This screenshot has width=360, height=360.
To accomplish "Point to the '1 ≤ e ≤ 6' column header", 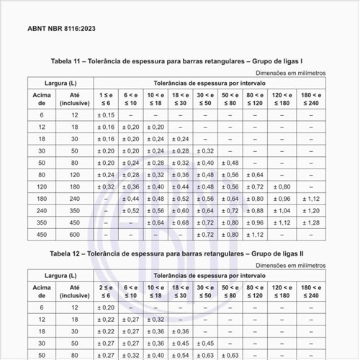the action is point(105,99).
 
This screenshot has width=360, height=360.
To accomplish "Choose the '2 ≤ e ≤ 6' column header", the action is point(105,291).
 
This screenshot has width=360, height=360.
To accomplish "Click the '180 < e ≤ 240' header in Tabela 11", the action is point(310,99).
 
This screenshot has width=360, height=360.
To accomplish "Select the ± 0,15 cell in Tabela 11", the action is point(105,114).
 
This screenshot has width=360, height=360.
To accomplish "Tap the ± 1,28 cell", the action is point(310,222).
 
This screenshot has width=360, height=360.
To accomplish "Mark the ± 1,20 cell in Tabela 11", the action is point(310,210).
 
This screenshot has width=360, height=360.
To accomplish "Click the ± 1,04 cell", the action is point(282,210).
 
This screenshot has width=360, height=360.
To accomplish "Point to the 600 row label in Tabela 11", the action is point(75,234).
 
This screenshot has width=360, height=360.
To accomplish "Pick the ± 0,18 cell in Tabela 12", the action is point(105,307).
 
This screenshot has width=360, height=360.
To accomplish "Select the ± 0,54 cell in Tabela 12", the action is point(181,355).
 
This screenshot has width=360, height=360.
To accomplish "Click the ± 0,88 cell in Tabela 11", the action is point(255,210).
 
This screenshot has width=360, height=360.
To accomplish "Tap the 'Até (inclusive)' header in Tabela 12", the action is point(75,291).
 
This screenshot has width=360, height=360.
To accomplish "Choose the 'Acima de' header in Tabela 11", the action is point(42,99).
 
